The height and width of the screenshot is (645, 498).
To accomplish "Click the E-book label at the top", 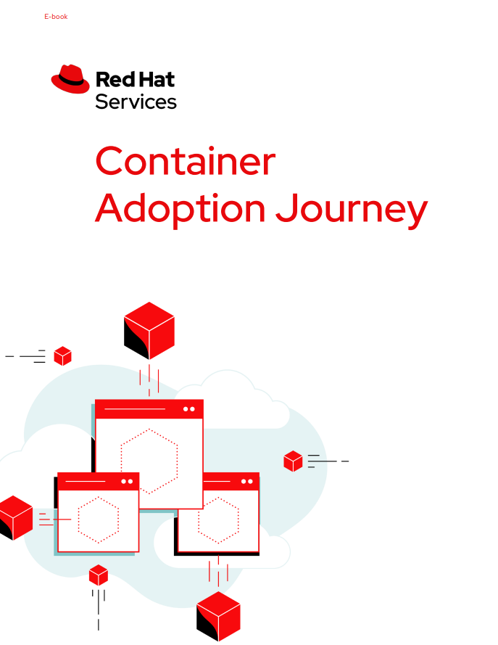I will [56, 17].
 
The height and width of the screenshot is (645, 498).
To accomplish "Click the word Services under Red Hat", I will [136, 101].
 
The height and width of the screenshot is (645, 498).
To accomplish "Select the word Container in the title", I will [185, 161].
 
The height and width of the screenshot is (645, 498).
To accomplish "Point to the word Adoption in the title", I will [180, 208].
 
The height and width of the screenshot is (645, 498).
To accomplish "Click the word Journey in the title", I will [352, 210].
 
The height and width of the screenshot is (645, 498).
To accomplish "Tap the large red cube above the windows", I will [149, 330].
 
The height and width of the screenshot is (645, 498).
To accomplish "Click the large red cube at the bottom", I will [218, 615].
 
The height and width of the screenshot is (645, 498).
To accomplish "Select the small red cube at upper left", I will [63, 356].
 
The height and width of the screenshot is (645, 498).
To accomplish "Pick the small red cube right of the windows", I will [293, 461].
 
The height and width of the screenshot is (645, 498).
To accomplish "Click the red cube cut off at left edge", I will [14, 517].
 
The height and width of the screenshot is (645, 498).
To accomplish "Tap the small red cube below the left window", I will [99, 575].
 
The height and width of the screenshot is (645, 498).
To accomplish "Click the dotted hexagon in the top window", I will [149, 461].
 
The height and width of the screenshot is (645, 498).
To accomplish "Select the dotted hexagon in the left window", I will [99, 519].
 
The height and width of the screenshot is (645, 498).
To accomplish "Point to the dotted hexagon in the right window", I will [218, 519].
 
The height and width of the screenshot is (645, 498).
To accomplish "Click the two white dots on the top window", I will [189, 409].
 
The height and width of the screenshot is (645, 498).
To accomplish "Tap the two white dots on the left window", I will [127, 481].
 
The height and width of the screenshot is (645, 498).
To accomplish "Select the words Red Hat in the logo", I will [135, 78].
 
